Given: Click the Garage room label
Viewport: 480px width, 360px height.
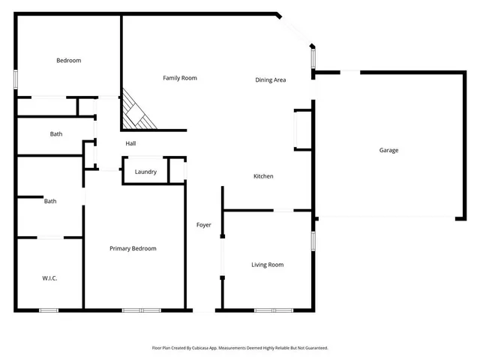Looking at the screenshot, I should pos(388,150).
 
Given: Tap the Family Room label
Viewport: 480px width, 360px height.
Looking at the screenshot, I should pos(180,78).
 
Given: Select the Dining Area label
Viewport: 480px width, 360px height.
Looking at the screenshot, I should pos(271,79).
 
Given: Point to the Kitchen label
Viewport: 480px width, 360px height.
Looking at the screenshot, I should pos(263,176).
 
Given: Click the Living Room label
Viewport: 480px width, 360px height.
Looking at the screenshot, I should pos(267,265).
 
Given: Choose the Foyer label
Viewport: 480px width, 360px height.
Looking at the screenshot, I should pos(203,225).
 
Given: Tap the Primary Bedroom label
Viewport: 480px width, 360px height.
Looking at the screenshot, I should pos(133,248).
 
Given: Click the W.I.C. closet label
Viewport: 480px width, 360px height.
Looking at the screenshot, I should pos(49,278).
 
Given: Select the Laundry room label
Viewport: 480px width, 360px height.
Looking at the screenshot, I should pos(145,172).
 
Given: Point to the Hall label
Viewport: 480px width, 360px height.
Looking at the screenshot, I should pos(130,143).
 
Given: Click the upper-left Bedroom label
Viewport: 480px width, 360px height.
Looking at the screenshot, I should pos(68,60).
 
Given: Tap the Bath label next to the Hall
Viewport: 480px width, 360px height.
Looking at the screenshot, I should pos(56,134).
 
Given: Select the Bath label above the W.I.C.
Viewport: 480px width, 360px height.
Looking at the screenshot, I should pos(50,201).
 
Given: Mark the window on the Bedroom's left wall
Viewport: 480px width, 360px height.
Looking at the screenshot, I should pos(16,79).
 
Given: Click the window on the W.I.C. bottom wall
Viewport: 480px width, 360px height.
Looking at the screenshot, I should pos(49,310).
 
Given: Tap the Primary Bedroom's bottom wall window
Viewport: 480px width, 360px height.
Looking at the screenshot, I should pos(141,310).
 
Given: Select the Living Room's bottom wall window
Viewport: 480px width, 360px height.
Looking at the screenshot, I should pos(273,310).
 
